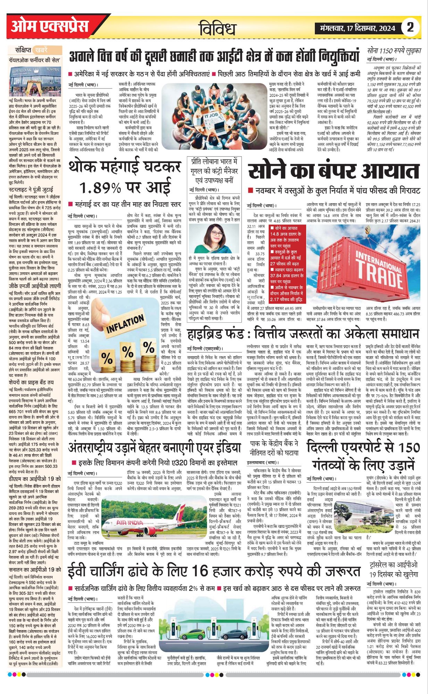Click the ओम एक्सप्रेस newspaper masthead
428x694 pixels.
pyautogui.click(x=50, y=26)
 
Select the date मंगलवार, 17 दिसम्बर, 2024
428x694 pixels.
pyautogui.click(x=358, y=28)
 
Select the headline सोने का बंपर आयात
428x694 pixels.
pyautogui.click(x=334, y=171)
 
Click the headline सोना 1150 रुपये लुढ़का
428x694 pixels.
pyautogui.click(x=394, y=51)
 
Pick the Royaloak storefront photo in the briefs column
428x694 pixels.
pyautogui.click(x=35, y=82)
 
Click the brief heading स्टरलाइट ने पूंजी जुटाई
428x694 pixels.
pyautogui.click(x=31, y=190)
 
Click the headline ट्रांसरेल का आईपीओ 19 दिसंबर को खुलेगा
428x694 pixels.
pyautogui.click(x=394, y=569)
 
